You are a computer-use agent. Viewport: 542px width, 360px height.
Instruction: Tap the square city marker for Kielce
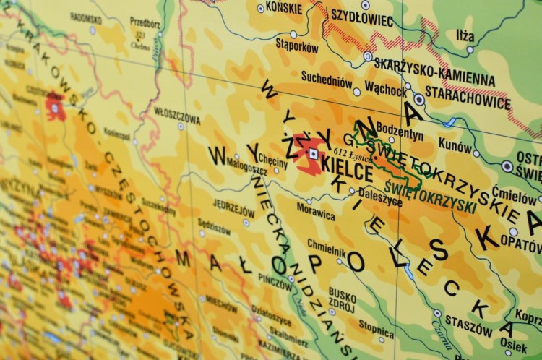point(313,154)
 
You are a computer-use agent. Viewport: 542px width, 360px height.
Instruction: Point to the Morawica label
point(315,215)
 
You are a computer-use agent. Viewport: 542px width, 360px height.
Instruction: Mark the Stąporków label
point(297,46)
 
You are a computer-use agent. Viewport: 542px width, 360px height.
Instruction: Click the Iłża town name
point(465,35)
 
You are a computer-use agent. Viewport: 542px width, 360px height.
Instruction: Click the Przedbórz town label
point(145,22)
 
